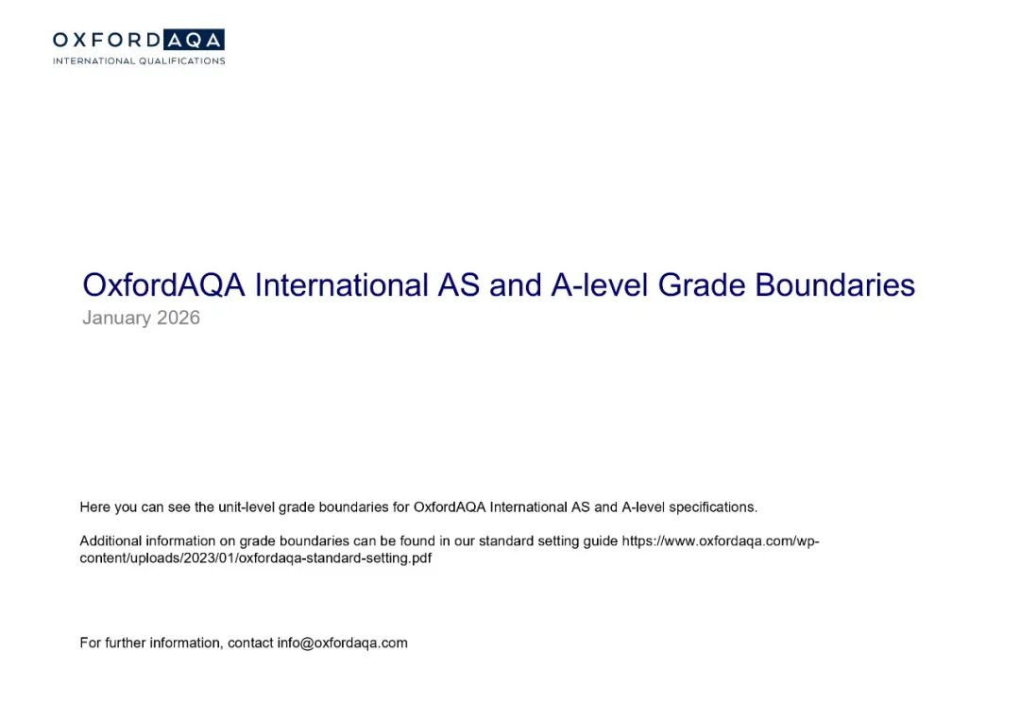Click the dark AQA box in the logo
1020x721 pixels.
click(193, 40)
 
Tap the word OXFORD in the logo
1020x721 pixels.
click(106, 40)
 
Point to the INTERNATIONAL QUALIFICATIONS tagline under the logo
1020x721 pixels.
click(139, 60)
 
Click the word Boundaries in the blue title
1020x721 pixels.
click(833, 285)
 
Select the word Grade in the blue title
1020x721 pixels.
click(699, 285)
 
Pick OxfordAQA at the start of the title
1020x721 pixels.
click(164, 285)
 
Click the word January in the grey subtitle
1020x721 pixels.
click(116, 318)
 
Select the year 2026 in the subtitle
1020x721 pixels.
click(178, 318)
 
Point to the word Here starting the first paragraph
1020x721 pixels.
click(95, 507)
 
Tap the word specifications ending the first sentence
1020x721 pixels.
click(712, 507)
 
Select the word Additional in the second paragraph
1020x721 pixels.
click(110, 541)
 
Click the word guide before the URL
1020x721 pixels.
click(600, 541)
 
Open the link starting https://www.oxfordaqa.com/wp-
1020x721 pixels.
click(719, 541)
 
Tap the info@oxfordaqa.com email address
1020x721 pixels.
click(342, 644)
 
